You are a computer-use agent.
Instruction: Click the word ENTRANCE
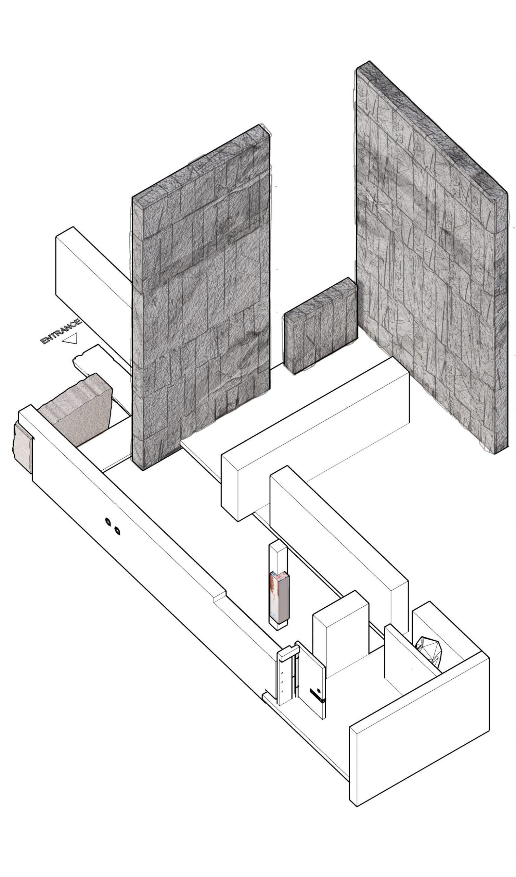click(61, 331)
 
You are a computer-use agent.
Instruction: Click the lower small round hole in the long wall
click(117, 531)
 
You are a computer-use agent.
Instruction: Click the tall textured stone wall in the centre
click(201, 298)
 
